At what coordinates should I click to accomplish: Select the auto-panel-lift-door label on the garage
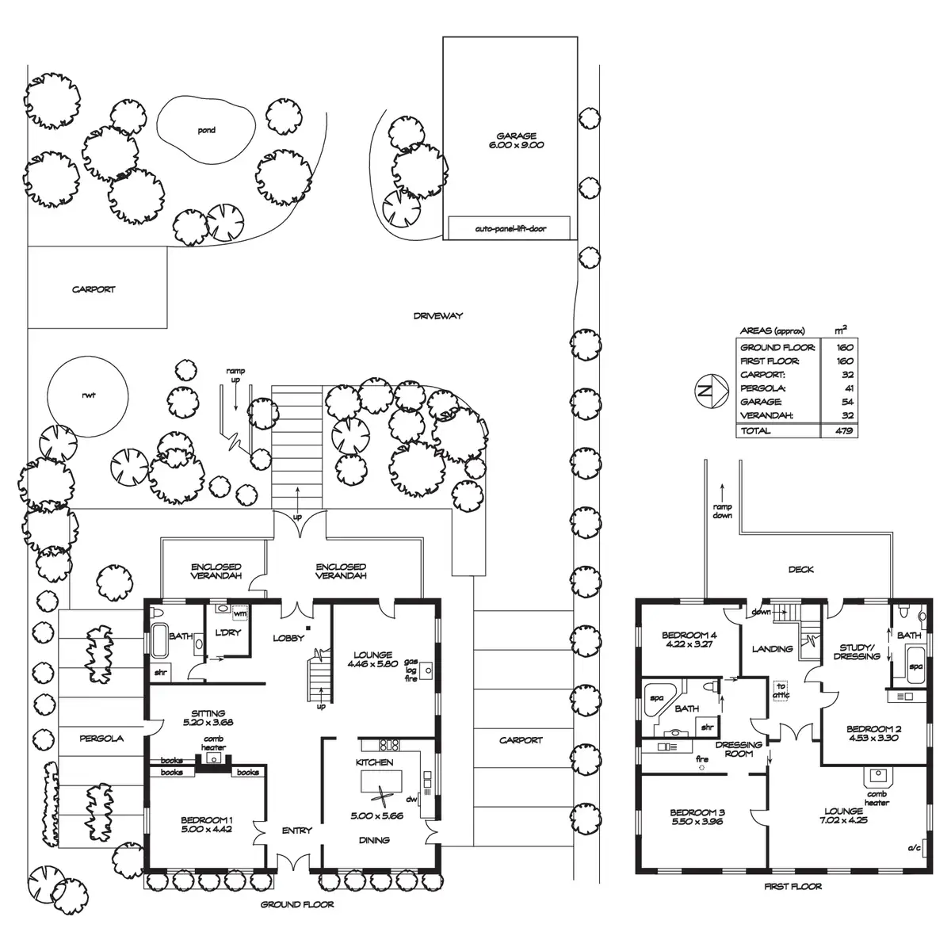[510, 229]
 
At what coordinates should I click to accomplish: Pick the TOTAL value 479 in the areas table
[842, 431]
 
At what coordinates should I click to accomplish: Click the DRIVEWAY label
[437, 316]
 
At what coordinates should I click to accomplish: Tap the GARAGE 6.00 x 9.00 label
[517, 141]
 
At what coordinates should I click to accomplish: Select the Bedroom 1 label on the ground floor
[207, 824]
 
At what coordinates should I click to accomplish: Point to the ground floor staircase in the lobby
[319, 674]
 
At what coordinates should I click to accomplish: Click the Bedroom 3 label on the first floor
[697, 817]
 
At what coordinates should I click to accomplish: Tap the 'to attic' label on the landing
[781, 691]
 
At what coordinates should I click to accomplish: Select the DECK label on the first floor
[800, 569]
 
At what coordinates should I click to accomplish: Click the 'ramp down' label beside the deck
[722, 511]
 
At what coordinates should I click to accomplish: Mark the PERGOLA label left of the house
[101, 739]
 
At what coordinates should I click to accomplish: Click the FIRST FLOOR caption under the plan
[792, 887]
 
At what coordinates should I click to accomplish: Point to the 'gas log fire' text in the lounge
[411, 670]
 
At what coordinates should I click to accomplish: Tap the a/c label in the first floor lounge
[914, 849]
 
